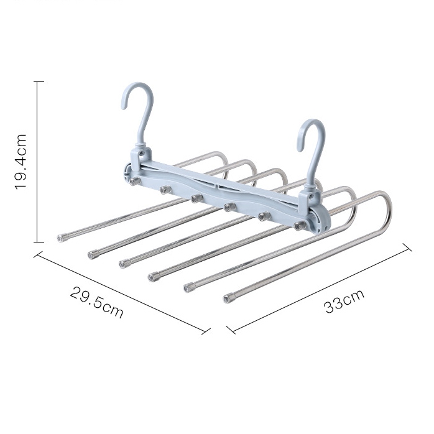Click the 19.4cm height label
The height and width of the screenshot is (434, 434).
click(x=21, y=162)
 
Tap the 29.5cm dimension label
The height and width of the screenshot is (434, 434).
click(x=96, y=302)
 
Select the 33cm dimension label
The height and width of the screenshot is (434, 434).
click(x=344, y=302)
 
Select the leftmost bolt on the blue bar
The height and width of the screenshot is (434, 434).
click(x=135, y=182)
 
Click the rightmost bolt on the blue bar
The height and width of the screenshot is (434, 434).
click(x=300, y=226)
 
